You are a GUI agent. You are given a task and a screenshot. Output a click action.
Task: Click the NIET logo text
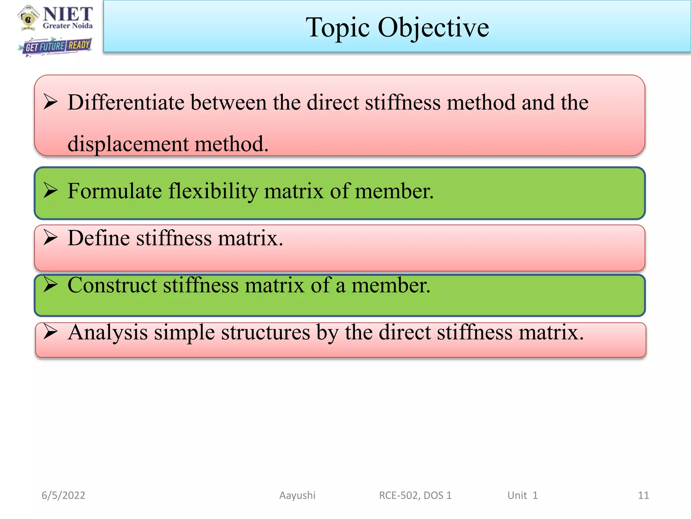coord(67,15)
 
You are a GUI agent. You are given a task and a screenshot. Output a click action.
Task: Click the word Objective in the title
coord(433,28)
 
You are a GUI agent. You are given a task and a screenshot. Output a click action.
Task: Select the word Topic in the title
coord(337,28)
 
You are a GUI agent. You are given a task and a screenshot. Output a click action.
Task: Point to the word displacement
coord(128,144)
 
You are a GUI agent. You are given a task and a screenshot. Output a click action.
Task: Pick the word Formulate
coord(114,191)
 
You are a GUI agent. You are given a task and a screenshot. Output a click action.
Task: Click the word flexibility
coord(213,191)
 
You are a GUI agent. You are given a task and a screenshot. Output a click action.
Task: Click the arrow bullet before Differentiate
coord(51,102)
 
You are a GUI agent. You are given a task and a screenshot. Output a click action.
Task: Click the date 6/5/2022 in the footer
coord(63,495)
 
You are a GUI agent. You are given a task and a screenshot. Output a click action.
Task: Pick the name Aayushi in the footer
coord(297,495)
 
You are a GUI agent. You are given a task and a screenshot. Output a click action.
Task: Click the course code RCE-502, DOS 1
coord(415,495)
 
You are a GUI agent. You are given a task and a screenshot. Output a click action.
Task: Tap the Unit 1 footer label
coord(522,495)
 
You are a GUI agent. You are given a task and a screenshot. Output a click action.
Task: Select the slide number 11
coord(643,495)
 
